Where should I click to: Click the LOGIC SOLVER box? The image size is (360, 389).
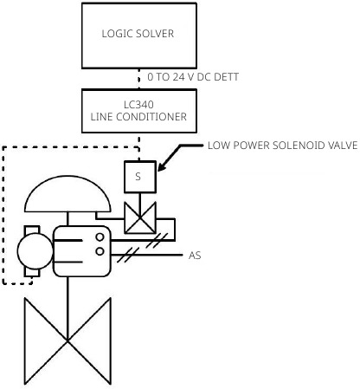click(138, 35)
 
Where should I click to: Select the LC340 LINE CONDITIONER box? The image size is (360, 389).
click(138, 110)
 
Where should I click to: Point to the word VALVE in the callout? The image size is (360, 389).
click(337, 146)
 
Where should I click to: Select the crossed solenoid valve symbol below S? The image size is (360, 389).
click(138, 217)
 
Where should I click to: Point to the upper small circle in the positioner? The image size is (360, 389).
click(100, 237)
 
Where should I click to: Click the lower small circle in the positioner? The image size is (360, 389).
click(100, 251)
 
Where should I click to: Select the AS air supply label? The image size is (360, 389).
click(195, 256)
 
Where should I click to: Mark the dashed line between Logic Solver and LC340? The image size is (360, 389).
click(138, 77)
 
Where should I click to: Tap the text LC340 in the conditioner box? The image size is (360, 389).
click(138, 103)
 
